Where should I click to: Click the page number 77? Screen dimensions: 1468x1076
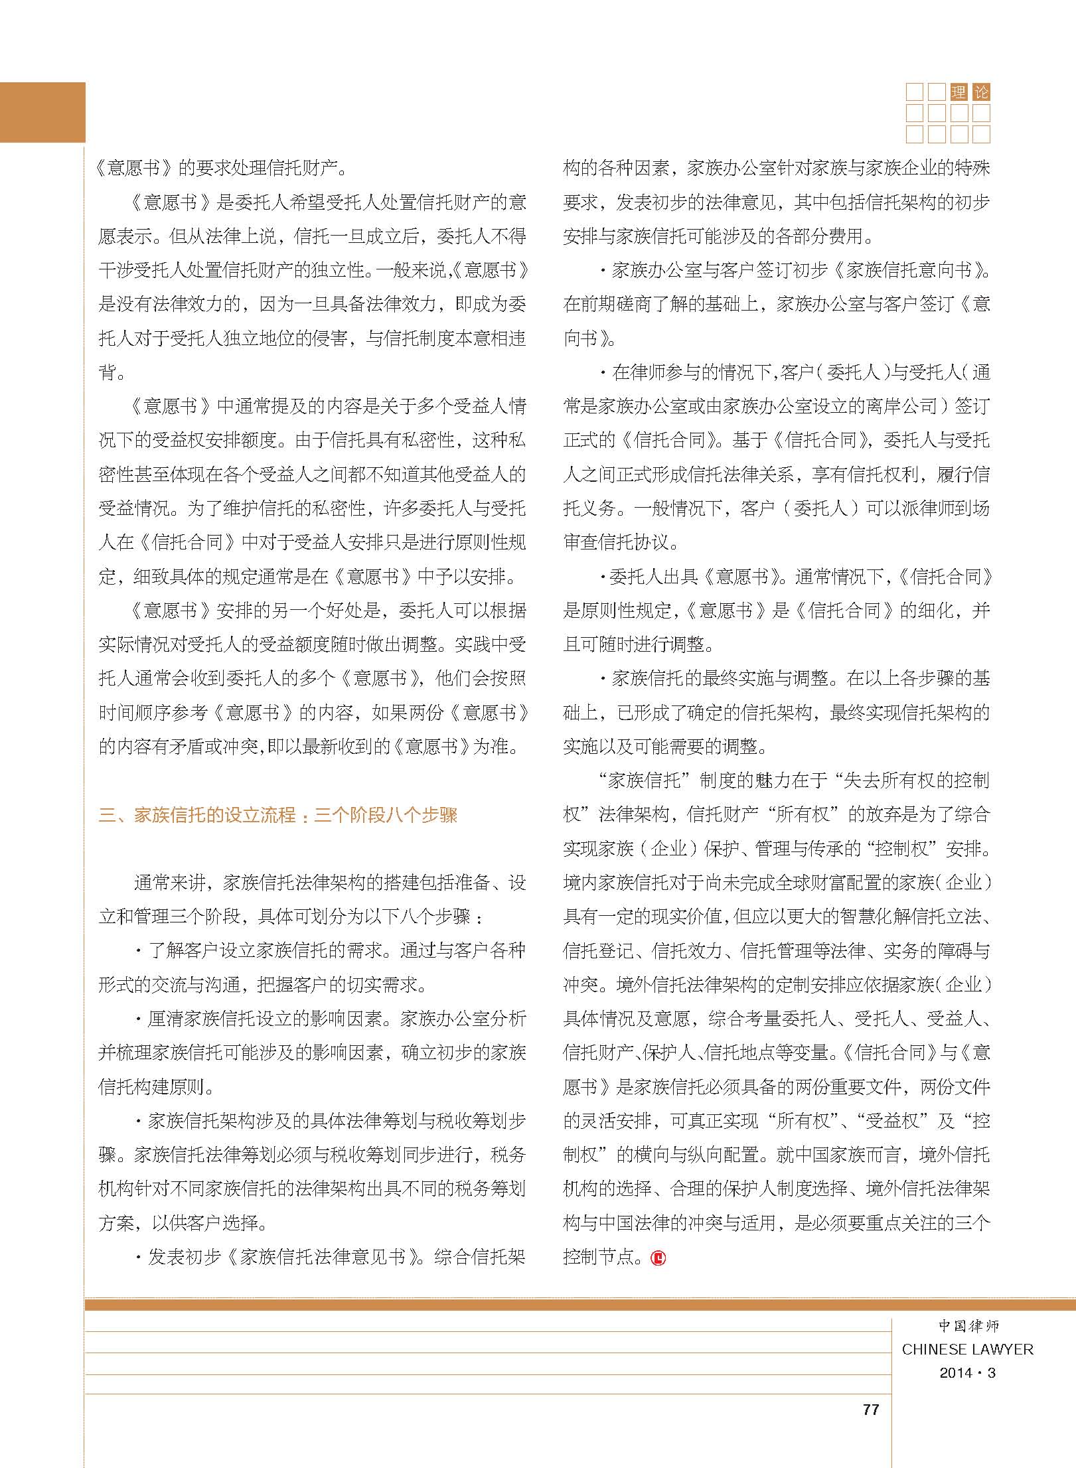pyautogui.click(x=871, y=1410)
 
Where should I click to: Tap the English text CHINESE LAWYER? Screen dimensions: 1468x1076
pyautogui.click(x=967, y=1349)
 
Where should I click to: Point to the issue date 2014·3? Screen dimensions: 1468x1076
pyautogui.click(x=967, y=1373)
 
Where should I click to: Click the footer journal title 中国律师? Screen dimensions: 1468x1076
pyautogui.click(x=968, y=1326)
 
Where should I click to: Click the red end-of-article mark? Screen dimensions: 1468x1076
pyautogui.click(x=658, y=1258)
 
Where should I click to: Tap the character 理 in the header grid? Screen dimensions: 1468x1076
pyautogui.click(x=958, y=92)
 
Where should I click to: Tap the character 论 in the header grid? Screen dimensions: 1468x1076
pyautogui.click(x=980, y=92)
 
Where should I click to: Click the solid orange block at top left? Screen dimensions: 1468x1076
pyautogui.click(x=42, y=112)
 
